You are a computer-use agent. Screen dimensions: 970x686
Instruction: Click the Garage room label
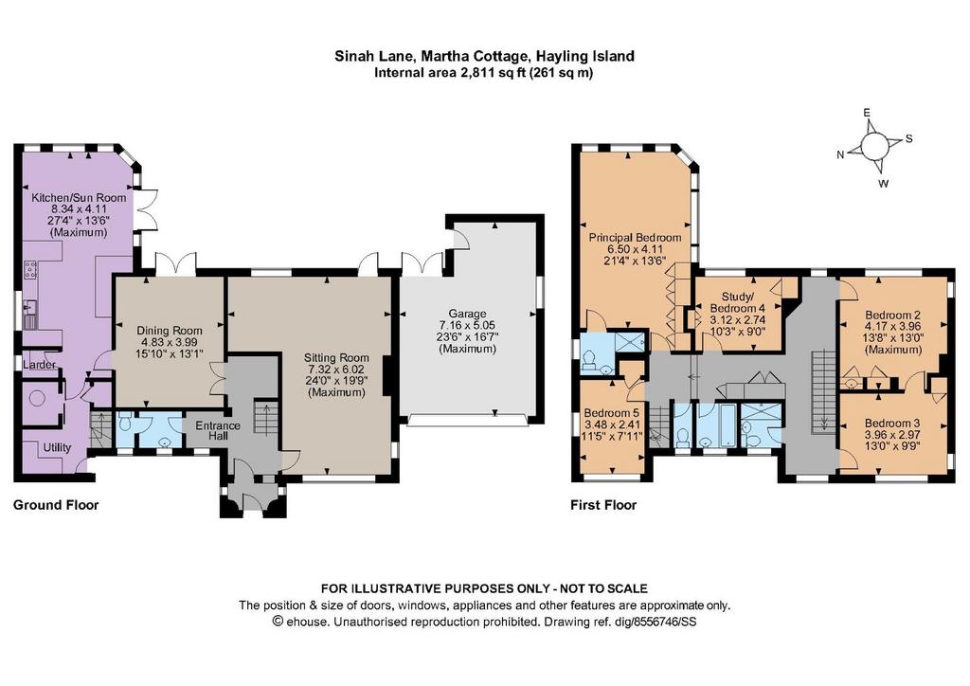pos(467,314)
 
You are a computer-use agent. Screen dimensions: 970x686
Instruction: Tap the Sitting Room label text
pos(336,357)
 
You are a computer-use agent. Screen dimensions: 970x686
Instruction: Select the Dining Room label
pos(169,331)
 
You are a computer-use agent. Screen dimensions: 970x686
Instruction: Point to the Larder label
pos(39,365)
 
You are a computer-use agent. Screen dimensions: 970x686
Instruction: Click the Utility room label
pos(57,447)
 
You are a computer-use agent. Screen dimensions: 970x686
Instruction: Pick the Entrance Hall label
pos(218,430)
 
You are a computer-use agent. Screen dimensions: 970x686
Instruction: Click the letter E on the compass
pos(867,113)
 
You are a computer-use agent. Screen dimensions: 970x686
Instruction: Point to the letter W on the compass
pos(884,184)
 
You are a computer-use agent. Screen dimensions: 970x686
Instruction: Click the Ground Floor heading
pos(56,505)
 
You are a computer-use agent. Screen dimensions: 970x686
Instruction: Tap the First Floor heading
pos(603,505)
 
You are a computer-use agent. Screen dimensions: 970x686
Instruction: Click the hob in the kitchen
pos(29,270)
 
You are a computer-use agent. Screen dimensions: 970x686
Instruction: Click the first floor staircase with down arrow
pos(823,391)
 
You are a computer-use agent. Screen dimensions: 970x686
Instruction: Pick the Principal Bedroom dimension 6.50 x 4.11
pos(634,248)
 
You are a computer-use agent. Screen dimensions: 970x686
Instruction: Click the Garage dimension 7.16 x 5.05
pos(467,325)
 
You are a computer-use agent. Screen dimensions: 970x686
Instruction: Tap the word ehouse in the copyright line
pos(306,622)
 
